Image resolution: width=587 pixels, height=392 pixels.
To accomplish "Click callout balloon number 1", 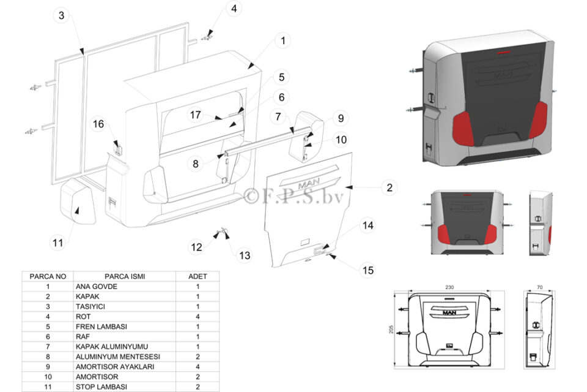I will pos(282,42).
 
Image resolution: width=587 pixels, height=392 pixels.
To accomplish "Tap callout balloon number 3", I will pos(61,16).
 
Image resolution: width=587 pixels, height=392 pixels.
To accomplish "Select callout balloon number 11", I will pos(57,243).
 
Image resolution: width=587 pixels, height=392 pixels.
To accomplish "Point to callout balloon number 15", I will pos(367,270).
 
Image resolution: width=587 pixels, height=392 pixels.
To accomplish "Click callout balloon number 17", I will pos(196,115).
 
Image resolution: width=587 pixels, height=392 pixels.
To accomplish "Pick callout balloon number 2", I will pos(389,187).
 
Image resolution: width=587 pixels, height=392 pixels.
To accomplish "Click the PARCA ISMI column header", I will pos(124,276).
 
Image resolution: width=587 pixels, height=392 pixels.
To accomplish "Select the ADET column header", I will pos(198,276).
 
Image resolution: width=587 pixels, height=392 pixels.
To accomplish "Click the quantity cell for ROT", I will pos(198,317).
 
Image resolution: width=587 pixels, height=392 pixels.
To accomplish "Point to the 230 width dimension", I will pos(449,287).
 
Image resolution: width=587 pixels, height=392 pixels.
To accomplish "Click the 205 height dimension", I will pos(391,330).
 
